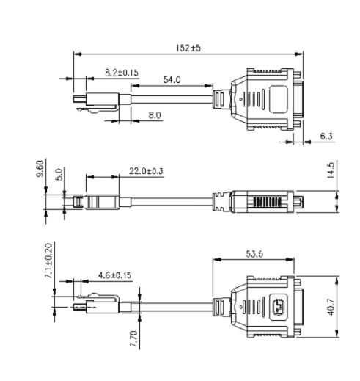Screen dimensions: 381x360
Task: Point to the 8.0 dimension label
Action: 155,115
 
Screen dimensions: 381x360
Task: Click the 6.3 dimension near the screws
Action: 328,136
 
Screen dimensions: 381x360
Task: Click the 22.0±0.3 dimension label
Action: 146,171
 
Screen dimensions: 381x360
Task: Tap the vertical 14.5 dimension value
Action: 331,170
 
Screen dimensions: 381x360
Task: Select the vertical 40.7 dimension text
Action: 331,305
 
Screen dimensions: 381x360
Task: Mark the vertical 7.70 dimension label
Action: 133,338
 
